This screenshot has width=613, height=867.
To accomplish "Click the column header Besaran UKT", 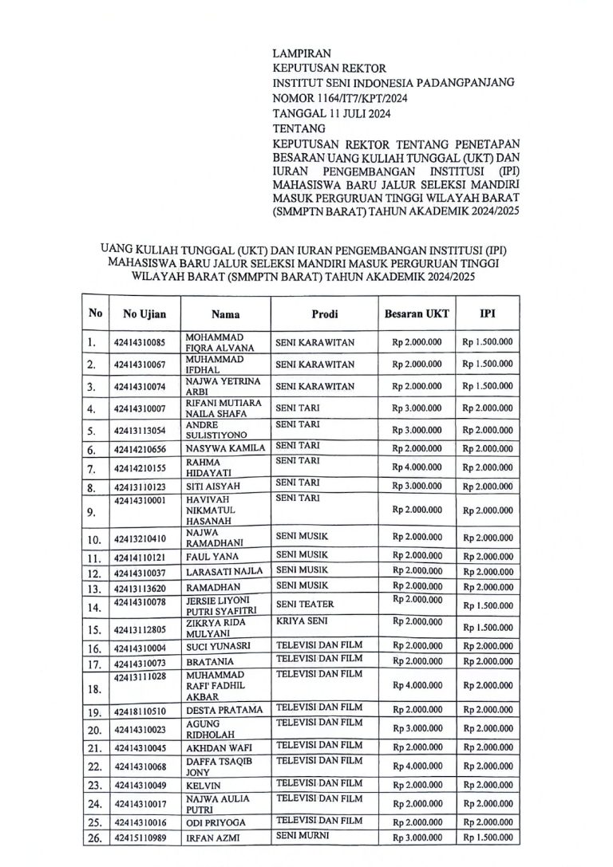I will (417, 313).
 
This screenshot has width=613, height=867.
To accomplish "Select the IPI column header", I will (486, 313).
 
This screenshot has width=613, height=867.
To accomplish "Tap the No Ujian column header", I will (144, 314).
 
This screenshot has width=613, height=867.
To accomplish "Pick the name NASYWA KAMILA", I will (225, 449).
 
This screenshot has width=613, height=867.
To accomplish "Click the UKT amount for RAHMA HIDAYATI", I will (417, 467).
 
